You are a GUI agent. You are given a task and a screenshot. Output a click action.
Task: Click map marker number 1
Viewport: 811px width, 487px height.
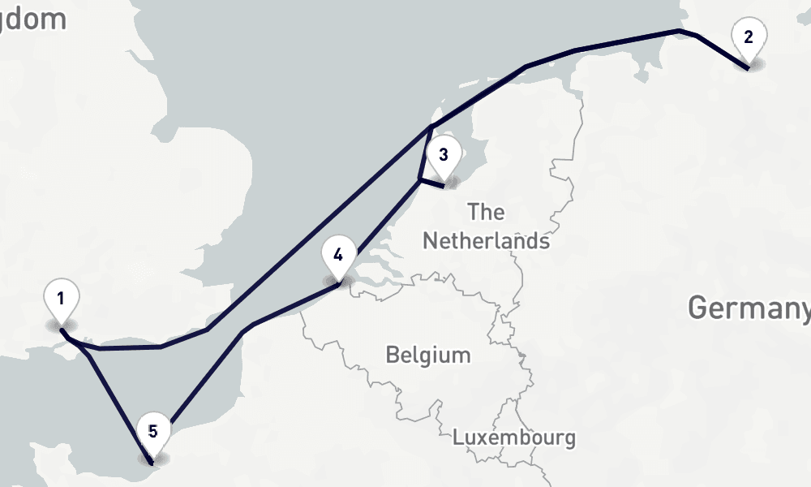(x=61, y=300)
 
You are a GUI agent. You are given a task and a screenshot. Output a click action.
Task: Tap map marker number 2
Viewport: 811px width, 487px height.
(x=748, y=37)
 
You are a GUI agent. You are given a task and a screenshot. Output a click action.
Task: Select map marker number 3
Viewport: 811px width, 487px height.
(x=444, y=156)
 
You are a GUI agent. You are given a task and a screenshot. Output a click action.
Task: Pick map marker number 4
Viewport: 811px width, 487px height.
(x=338, y=256)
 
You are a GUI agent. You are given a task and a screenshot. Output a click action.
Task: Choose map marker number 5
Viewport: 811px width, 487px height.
(x=152, y=432)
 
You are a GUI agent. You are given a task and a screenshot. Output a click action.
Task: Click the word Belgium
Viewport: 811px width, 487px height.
(x=428, y=355)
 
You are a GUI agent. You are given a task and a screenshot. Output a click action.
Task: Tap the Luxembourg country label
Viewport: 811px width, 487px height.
(x=514, y=437)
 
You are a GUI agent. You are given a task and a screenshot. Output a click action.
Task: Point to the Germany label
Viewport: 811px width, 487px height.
(x=749, y=308)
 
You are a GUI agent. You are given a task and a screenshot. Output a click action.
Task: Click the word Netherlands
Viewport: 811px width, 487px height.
(x=486, y=241)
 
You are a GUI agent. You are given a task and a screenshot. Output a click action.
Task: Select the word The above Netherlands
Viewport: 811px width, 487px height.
(x=486, y=213)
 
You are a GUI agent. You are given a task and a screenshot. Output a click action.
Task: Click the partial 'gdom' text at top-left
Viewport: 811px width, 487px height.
(x=32, y=19)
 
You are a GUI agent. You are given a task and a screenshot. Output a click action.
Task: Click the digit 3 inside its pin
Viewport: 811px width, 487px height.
(x=444, y=153)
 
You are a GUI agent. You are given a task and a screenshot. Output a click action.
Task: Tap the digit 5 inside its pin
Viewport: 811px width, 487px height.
(x=152, y=429)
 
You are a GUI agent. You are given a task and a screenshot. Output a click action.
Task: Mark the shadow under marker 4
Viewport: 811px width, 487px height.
(x=340, y=282)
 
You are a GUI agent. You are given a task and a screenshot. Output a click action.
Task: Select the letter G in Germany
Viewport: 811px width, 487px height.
(x=697, y=308)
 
